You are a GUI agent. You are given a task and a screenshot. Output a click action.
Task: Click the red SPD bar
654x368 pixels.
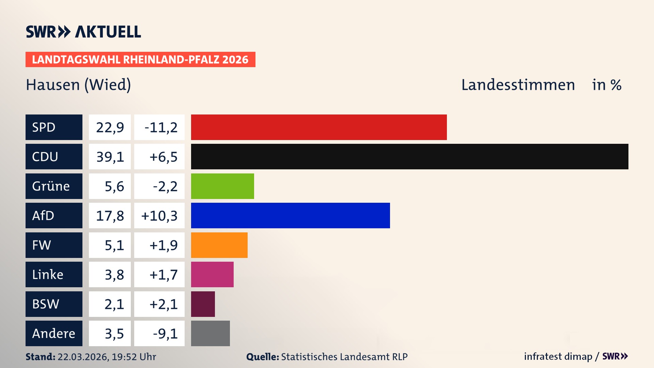click(318, 127)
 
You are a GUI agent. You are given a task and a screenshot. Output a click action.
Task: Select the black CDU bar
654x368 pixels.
click(409, 156)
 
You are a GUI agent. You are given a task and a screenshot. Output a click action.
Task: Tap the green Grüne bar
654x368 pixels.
click(222, 186)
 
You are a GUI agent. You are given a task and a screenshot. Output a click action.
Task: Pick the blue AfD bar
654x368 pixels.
click(290, 215)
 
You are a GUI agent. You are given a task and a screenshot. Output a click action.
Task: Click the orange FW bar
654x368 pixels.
click(219, 245)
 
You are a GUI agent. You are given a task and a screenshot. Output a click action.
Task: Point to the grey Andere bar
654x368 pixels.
click(210, 333)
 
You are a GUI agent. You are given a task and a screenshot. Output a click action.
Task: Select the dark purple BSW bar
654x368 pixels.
click(203, 304)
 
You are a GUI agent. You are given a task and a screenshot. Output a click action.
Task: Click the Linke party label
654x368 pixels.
click(48, 274)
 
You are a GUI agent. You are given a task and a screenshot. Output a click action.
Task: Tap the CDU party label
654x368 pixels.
click(45, 156)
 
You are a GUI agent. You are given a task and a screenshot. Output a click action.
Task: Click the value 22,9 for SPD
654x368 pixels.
click(110, 127)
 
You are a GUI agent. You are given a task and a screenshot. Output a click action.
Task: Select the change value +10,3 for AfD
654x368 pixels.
click(159, 216)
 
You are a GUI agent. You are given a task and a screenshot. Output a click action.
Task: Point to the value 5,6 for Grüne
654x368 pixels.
click(114, 186)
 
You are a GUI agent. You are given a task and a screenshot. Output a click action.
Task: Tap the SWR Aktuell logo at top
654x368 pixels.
click(83, 32)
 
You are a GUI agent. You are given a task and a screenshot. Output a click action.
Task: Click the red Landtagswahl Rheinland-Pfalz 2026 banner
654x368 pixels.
click(140, 60)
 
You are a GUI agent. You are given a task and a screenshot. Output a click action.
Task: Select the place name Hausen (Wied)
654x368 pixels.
click(78, 85)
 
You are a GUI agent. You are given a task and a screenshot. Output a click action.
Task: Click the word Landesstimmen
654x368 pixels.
click(518, 85)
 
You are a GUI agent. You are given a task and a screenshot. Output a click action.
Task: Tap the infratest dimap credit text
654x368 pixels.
click(558, 356)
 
